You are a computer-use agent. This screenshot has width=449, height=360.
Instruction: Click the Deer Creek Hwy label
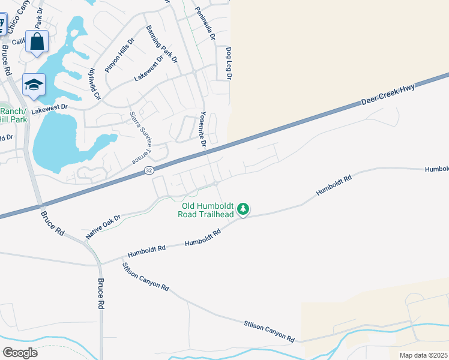click(388, 95)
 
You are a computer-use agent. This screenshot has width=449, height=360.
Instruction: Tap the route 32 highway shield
click(149, 172)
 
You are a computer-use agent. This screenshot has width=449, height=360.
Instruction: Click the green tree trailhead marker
click(243, 209)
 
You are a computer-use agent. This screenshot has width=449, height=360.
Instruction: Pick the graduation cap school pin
click(34, 86)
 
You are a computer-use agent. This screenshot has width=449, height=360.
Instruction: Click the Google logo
click(20, 352)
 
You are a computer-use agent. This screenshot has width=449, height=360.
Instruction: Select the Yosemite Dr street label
click(203, 129)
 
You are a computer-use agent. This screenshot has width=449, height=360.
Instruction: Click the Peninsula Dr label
click(203, 24)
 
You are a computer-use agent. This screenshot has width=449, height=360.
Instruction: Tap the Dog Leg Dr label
click(228, 63)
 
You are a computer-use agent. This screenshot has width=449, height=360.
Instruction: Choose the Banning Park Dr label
click(162, 44)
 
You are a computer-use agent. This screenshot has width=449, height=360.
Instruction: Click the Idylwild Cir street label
click(95, 84)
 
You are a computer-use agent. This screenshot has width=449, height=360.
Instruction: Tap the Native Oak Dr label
click(103, 227)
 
